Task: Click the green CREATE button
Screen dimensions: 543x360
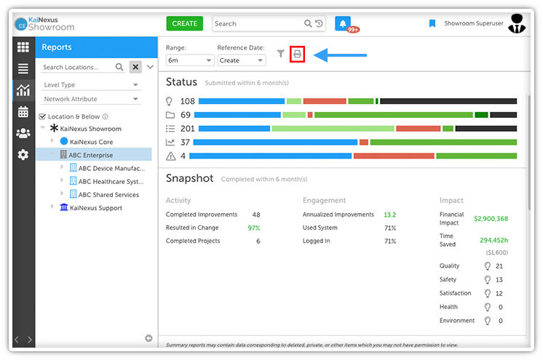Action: tap(185, 23)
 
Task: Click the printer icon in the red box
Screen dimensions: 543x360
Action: tap(297, 54)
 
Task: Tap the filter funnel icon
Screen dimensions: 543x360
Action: tap(280, 54)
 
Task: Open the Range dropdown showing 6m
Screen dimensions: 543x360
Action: tap(189, 60)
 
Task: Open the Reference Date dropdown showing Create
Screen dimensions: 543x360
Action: tap(242, 60)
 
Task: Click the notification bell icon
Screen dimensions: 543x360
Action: tap(343, 23)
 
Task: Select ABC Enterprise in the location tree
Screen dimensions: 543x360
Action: tap(91, 155)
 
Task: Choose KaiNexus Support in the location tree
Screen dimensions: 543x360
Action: tap(96, 208)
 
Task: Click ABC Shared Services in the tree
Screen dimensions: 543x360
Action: tap(108, 194)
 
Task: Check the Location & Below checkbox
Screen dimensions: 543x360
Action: tap(43, 116)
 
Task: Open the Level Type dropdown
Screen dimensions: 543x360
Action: tap(91, 85)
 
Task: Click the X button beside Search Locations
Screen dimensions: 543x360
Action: tap(135, 67)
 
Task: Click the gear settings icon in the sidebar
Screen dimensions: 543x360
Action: tap(23, 154)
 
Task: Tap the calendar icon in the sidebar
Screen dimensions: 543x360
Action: tap(23, 112)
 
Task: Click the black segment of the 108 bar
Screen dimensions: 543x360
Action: tap(448, 101)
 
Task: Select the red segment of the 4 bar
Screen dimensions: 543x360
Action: tap(394, 156)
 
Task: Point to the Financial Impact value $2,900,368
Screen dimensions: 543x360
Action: tap(491, 218)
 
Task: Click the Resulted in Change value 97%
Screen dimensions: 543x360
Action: tap(254, 228)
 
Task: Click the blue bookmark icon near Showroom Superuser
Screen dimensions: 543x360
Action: tap(432, 23)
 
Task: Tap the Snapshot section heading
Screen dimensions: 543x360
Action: tap(189, 178)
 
